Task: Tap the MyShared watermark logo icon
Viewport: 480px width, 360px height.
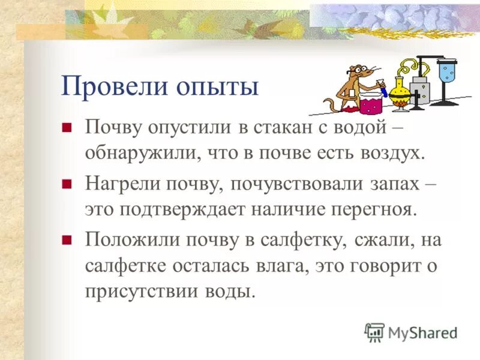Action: pyautogui.click(x=374, y=331)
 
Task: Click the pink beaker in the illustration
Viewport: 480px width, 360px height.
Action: pyautogui.click(x=371, y=103)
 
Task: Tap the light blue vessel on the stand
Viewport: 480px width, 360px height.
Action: pyautogui.click(x=446, y=70)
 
